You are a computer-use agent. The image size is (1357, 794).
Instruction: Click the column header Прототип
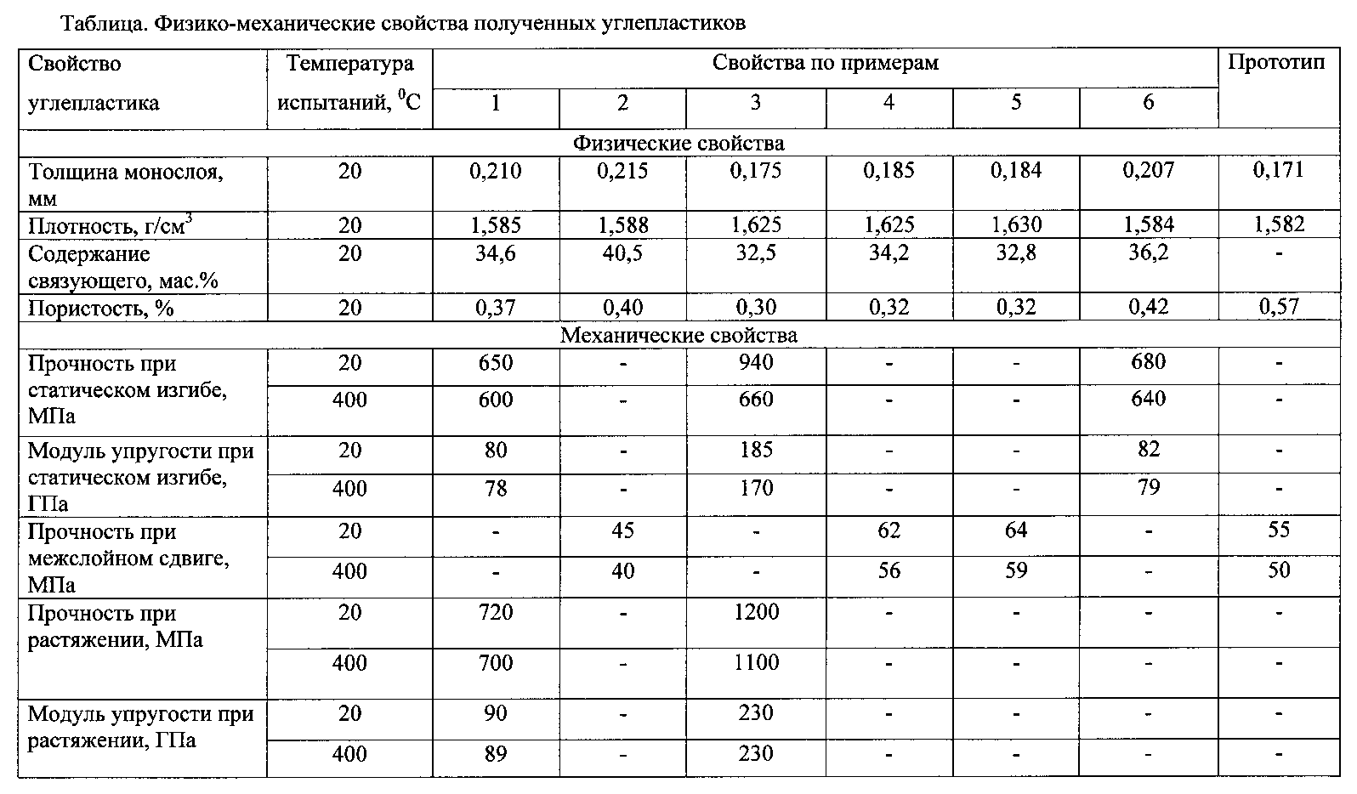coord(1277,64)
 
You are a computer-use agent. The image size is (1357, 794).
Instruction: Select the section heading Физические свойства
coord(678,143)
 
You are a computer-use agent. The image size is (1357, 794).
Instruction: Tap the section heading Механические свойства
coord(678,335)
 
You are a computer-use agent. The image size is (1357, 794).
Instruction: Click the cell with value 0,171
coord(1278,170)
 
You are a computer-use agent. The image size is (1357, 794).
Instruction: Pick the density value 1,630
coord(1015,225)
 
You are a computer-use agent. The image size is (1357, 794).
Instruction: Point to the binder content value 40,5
coord(622,254)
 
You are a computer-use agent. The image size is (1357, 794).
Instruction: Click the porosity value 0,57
coord(1278,307)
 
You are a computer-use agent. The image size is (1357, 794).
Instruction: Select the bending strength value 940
coord(755,363)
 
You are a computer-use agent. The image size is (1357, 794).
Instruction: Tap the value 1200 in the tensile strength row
coord(755,612)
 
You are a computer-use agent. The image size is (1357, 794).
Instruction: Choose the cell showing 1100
coord(755,662)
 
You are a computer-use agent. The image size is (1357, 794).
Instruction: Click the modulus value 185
coord(755,450)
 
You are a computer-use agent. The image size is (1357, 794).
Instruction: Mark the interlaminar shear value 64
coord(1015,530)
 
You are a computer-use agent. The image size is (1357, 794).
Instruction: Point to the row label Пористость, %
coord(101,308)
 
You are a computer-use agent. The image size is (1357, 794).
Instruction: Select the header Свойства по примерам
coord(825,64)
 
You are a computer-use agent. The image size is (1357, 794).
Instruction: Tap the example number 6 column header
coord(1148,103)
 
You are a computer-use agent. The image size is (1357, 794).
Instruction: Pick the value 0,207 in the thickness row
coord(1148,170)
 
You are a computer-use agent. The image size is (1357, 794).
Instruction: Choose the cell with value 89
coord(495,753)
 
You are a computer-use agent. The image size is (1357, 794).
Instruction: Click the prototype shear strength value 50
coord(1278,570)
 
